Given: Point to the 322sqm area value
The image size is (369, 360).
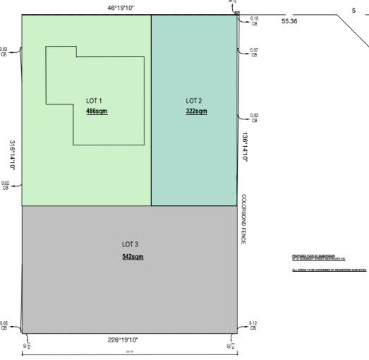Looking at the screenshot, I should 196,112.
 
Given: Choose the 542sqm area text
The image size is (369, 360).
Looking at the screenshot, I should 132,256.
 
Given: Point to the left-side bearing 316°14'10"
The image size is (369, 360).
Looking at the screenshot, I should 13,155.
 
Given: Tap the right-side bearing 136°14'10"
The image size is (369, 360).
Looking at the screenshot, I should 246,148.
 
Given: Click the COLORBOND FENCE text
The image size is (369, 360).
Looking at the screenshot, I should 243,220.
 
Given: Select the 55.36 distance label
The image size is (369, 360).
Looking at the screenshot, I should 289,22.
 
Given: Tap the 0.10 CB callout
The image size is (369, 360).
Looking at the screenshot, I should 254,20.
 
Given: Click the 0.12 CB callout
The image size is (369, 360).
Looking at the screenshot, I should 253,326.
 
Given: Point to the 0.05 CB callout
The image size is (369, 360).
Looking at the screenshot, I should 4,326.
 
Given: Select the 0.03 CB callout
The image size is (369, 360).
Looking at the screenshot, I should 4,52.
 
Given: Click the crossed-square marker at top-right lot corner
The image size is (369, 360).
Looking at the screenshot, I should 237,13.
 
